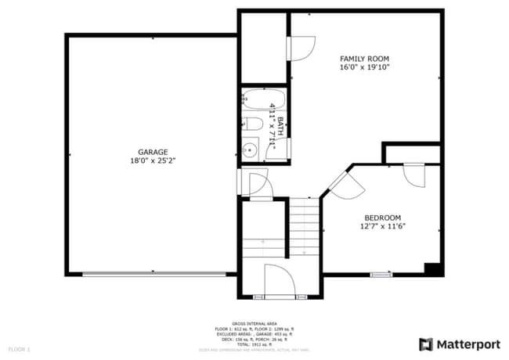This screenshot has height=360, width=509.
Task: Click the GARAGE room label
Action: pyautogui.click(x=153, y=152)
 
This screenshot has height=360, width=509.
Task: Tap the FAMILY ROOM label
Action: pyautogui.click(x=364, y=59)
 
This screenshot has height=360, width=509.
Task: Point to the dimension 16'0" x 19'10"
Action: pyautogui.click(x=364, y=68)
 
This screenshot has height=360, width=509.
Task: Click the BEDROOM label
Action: pyautogui.click(x=382, y=218)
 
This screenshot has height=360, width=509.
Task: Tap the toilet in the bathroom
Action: pyautogui.click(x=252, y=124)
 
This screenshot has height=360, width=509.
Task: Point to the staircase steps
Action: pyautogui.click(x=305, y=227)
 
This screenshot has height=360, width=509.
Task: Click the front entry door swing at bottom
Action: pyautogui.click(x=278, y=282)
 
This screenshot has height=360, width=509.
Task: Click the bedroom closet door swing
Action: pyautogui.click(x=414, y=174)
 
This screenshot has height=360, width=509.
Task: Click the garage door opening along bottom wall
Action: pyautogui.click(x=153, y=274)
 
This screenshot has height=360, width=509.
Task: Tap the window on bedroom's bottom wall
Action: pyautogui.click(x=381, y=274)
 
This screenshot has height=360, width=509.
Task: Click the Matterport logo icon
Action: pyautogui.click(x=426, y=344)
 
